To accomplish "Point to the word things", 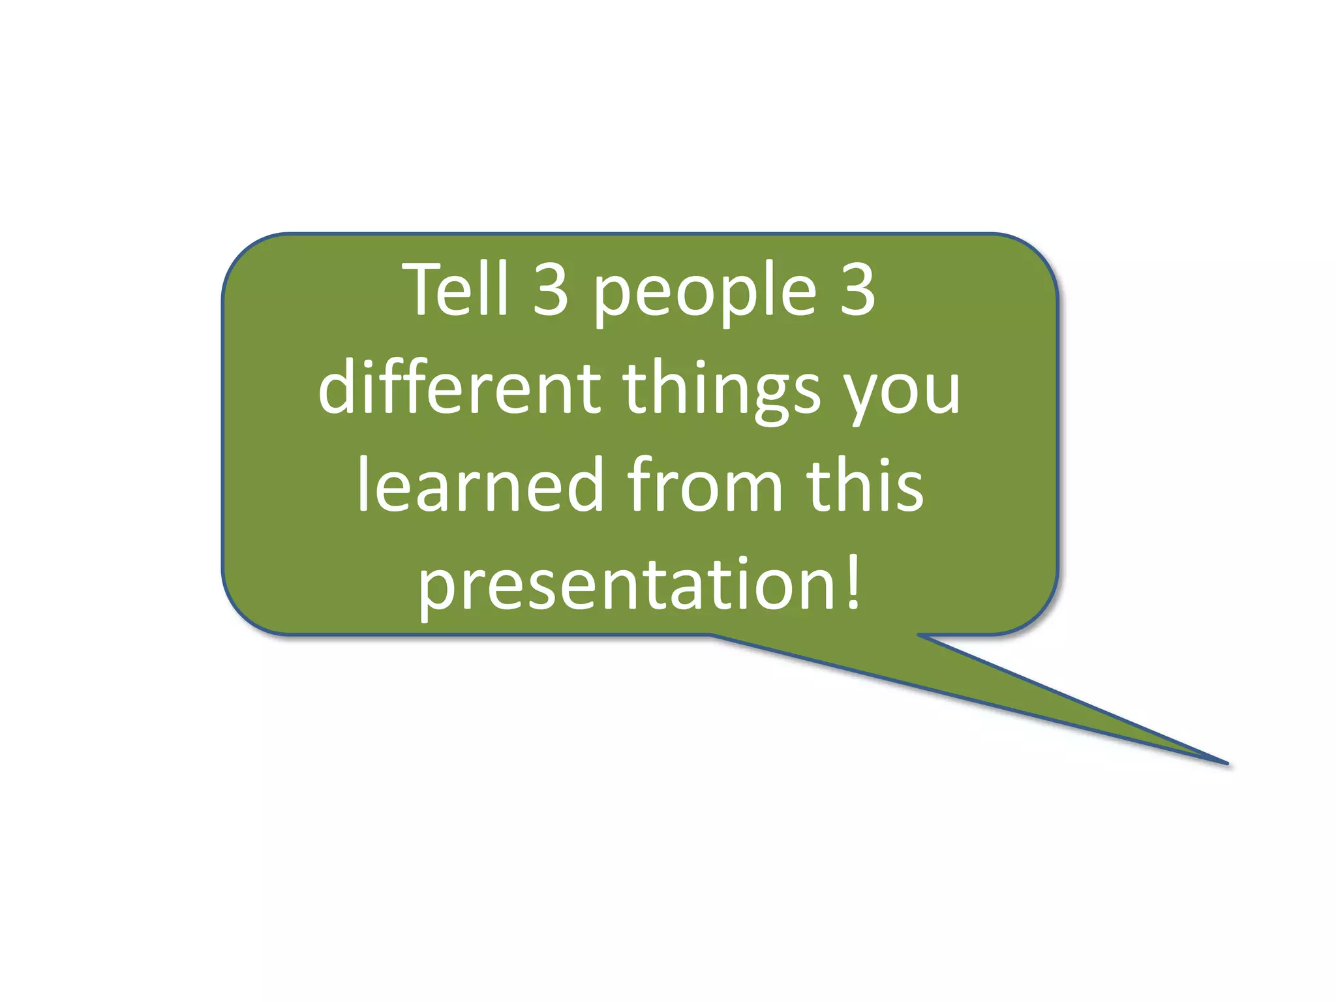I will coord(721,391).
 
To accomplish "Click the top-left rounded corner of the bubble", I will coord(245,257).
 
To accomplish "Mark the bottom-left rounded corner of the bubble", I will coord(245,611).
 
